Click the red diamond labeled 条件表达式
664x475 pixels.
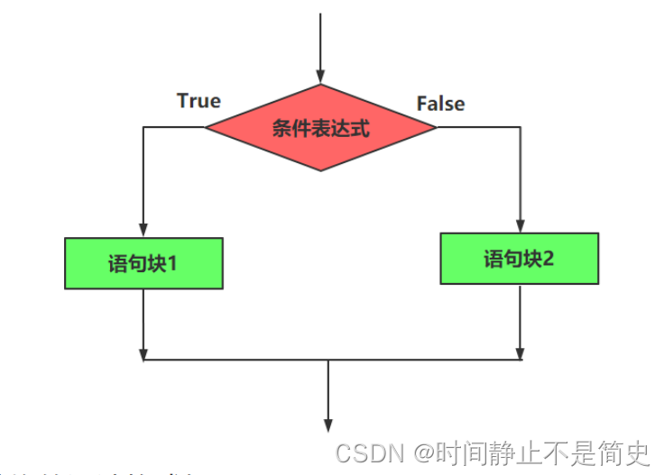click(x=320, y=127)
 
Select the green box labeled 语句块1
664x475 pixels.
click(x=143, y=263)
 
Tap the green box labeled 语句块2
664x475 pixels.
click(x=520, y=259)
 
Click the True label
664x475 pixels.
click(x=198, y=100)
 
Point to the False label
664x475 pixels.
click(x=440, y=104)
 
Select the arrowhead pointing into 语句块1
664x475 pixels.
click(x=143, y=230)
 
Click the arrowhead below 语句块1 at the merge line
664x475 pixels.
click(x=143, y=352)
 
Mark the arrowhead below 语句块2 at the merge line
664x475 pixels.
click(x=521, y=352)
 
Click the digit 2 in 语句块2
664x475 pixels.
click(x=549, y=259)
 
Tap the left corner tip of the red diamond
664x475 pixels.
click(x=207, y=127)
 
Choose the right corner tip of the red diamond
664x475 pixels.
click(x=436, y=127)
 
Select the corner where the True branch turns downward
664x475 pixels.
click(x=143, y=127)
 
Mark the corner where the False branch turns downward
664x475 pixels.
click(x=521, y=127)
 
